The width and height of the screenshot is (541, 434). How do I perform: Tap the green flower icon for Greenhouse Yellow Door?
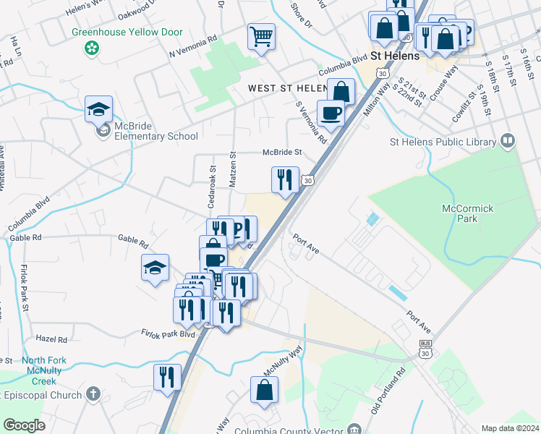pos(92,48)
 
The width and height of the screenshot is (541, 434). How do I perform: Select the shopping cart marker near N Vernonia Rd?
pos(261,36)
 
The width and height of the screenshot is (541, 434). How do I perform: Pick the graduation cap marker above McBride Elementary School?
pos(98,110)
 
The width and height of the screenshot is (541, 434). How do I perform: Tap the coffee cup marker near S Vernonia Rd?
pos(331,113)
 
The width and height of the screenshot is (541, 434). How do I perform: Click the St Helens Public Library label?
pos(443,141)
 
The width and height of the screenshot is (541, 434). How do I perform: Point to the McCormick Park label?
pos(467,214)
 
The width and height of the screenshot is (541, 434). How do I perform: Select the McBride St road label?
pos(281,153)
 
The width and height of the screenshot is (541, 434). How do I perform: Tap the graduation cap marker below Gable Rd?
pos(156,268)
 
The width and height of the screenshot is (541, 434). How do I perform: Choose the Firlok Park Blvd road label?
pos(168,334)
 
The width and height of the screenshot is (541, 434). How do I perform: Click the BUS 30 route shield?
pos(426,348)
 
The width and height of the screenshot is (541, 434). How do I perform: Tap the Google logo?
pos(24,425)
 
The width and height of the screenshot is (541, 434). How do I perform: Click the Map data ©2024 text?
pos(510,428)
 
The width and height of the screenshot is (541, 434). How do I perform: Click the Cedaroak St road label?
pos(213,172)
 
